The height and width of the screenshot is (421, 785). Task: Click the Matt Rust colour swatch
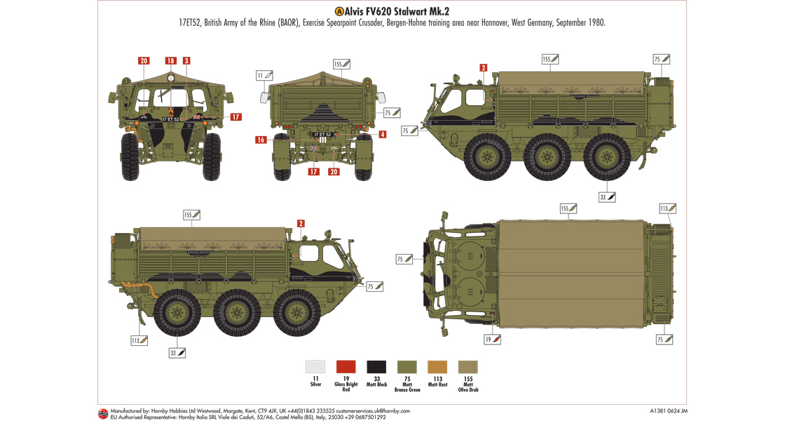click(437, 366)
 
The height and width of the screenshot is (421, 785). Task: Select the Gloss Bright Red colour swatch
click(346, 366)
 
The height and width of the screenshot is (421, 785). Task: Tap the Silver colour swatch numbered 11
click(315, 366)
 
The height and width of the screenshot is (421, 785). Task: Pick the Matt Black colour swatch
click(376, 366)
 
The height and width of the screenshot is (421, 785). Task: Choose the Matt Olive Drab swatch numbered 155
click(467, 366)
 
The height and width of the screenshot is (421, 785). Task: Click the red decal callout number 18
click(170, 61)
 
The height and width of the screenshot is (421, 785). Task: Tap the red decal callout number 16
click(261, 140)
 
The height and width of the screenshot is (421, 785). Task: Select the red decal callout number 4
click(382, 134)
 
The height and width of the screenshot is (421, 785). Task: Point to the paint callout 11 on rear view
click(264, 75)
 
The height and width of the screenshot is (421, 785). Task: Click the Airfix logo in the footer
click(102, 413)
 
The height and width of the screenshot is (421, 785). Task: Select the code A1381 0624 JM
click(664, 410)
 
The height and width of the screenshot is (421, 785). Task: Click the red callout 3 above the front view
click(186, 61)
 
